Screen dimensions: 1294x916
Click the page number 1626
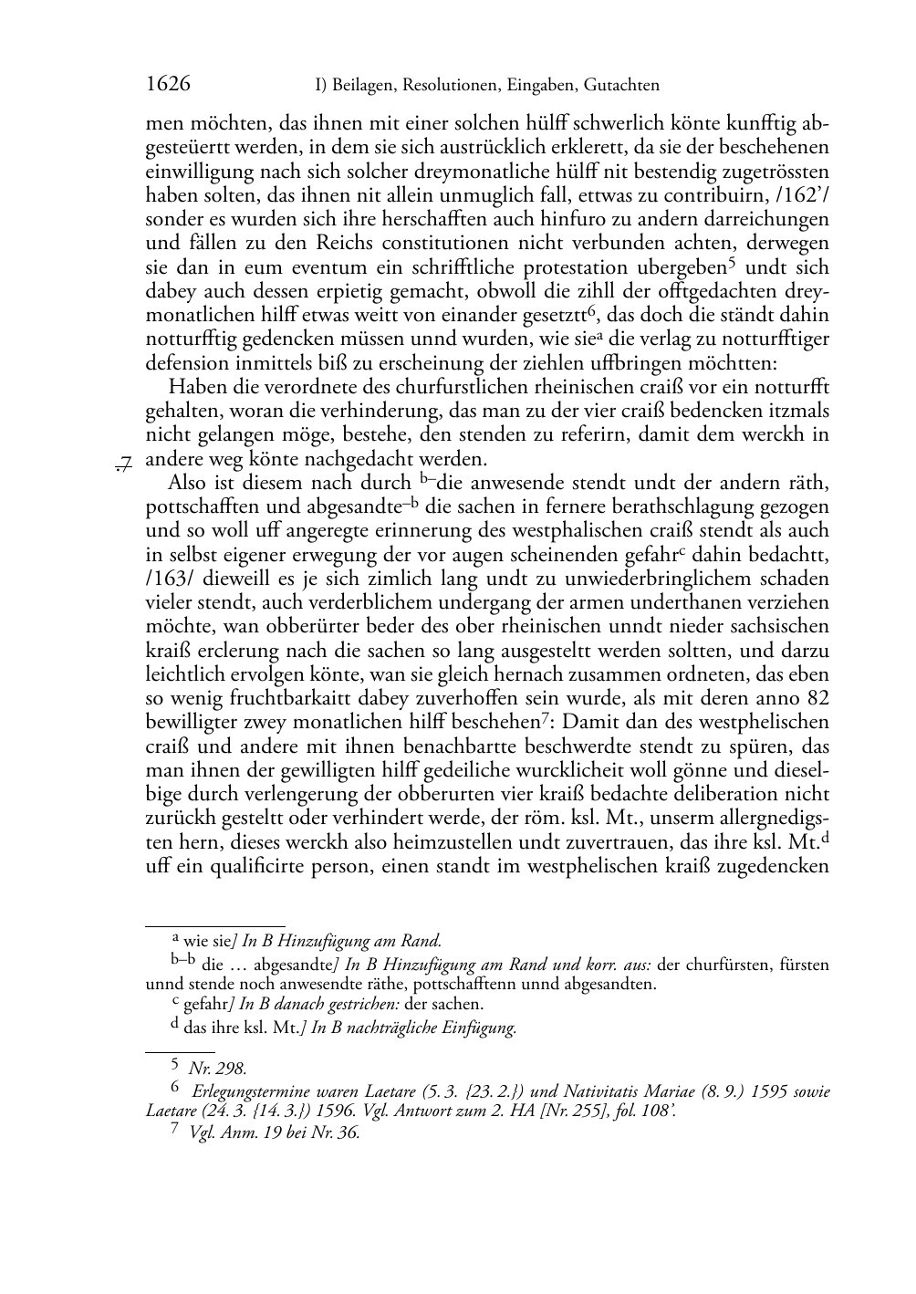(168, 85)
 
